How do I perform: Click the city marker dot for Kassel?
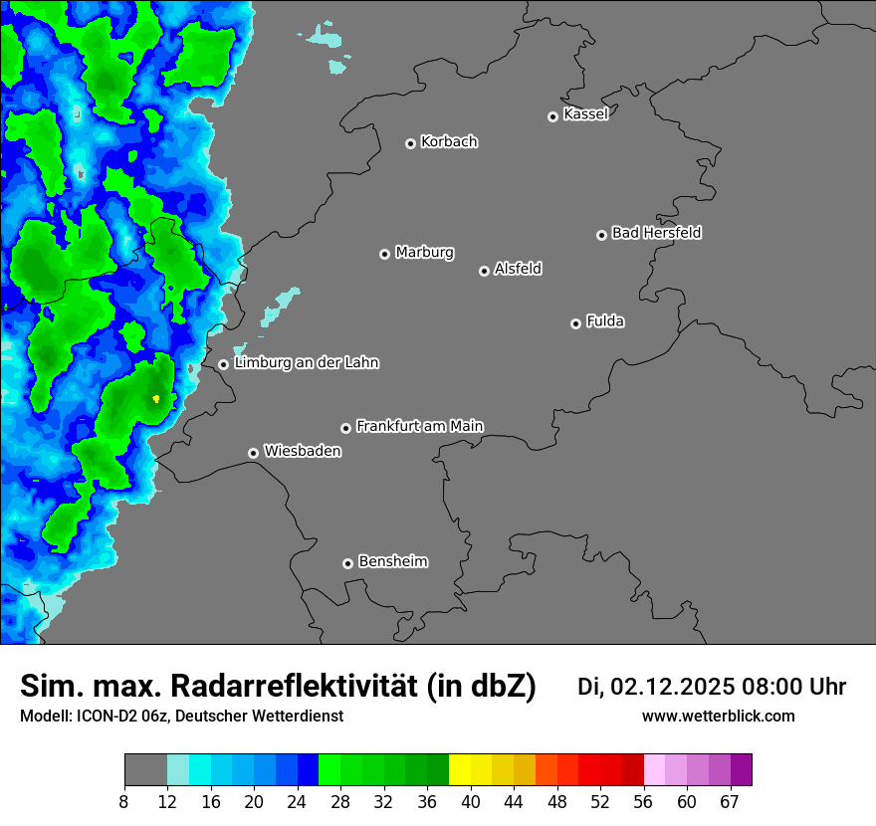553,116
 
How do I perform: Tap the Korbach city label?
449,141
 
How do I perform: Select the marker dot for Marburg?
385,254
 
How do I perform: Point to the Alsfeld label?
518,269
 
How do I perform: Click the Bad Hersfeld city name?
656,233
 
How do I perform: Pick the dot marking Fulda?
575,323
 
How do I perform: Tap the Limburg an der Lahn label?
306,362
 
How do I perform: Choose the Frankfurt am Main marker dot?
346,428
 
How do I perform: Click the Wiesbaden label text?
302,451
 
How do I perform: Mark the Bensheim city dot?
347,563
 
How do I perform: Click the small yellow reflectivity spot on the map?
156,398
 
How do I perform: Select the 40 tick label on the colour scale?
471,802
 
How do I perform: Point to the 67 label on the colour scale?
731,802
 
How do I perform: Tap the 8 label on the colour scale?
124,802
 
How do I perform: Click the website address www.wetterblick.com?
718,716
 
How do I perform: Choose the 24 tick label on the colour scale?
298,802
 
